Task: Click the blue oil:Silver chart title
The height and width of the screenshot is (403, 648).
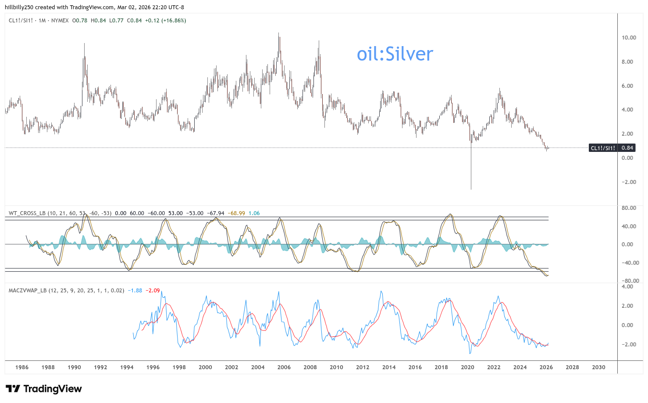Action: click(x=395, y=54)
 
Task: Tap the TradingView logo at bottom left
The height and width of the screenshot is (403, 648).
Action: click(x=43, y=389)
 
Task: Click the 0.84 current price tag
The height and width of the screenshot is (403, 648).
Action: click(x=627, y=148)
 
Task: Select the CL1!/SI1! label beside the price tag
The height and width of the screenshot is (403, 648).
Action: click(x=603, y=148)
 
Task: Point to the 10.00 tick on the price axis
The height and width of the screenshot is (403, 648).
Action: click(x=629, y=38)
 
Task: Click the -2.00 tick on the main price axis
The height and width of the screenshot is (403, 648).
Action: click(x=629, y=182)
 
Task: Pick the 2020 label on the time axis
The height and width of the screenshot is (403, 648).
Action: click(x=467, y=367)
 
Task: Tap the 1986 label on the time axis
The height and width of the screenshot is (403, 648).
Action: click(x=22, y=367)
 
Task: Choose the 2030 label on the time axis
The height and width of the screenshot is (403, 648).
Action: click(x=598, y=367)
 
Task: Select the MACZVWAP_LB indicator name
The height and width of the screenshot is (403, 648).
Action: click(x=28, y=291)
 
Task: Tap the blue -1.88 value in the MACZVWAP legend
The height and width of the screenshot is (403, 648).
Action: click(x=135, y=291)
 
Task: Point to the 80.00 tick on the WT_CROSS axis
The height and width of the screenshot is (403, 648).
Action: click(x=629, y=208)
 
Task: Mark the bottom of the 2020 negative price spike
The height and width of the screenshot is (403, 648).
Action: click(x=471, y=189)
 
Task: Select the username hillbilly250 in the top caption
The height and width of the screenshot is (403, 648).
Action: click(x=19, y=7)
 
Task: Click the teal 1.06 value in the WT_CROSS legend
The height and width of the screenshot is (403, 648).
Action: click(x=254, y=213)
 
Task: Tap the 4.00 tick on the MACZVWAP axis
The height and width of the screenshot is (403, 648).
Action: click(x=627, y=287)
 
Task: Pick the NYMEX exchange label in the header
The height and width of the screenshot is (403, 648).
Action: click(x=60, y=21)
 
